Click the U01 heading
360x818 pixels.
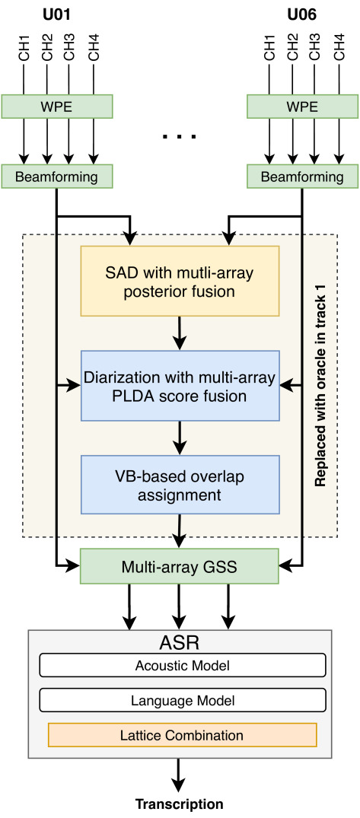click(56, 14)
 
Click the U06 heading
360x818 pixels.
click(301, 14)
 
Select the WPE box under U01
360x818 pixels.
click(57, 106)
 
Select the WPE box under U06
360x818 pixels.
click(302, 106)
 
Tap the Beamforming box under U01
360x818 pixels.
click(57, 177)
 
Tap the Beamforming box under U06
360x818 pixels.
click(302, 177)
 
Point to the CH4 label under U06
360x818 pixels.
click(339, 48)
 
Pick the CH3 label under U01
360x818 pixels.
click(69, 48)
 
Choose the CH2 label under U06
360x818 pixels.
click(293, 48)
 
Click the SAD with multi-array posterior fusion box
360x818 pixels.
click(180, 281)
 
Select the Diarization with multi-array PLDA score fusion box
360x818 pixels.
click(180, 386)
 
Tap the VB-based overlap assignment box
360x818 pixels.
click(180, 485)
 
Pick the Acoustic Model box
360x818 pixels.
click(183, 666)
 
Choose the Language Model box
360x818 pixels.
click(183, 700)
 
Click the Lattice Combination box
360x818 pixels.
click(182, 734)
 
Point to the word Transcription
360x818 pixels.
click(180, 804)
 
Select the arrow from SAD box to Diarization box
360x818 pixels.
click(180, 333)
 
